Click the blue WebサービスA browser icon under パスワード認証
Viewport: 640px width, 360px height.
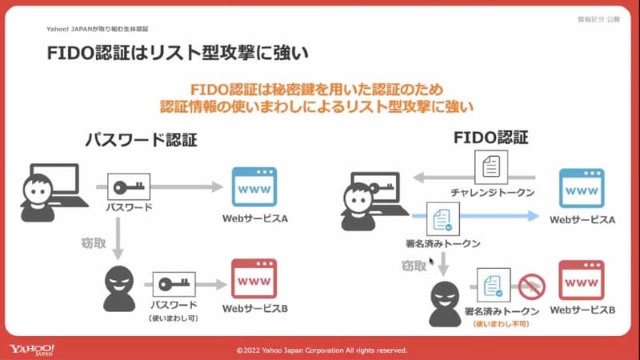[254, 187]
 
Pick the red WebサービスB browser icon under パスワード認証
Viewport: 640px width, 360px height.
[254, 278]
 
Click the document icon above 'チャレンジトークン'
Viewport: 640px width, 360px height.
[492, 169]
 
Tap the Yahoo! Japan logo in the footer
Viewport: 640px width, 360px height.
[32, 350]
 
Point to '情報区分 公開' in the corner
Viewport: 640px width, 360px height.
[598, 18]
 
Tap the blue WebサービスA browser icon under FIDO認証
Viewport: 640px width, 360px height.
[582, 189]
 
